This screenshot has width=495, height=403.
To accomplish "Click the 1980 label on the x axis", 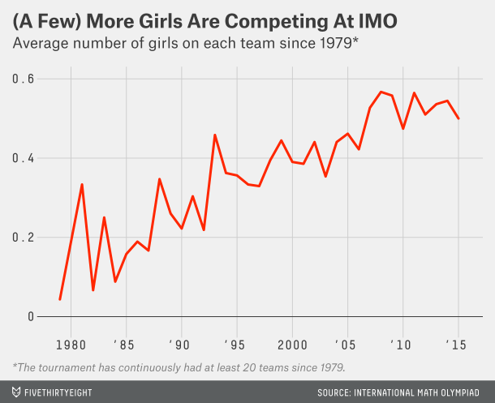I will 71,343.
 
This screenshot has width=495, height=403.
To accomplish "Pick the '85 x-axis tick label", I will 126,343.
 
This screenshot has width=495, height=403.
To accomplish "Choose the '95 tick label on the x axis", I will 236,343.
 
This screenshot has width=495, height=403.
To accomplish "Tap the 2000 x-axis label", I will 292,343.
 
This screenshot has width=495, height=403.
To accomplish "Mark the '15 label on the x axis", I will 458,343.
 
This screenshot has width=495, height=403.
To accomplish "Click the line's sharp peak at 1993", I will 215,135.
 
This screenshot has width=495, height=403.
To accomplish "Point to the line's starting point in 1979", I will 60,300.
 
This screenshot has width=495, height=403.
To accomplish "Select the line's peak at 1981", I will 82,184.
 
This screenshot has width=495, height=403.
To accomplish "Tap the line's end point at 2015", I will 458,118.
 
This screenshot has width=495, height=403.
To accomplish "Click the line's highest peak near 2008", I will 381,92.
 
